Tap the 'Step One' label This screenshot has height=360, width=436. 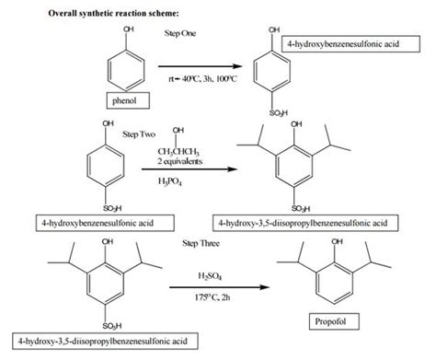click(x=182, y=33)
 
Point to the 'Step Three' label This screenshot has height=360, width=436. click(x=201, y=241)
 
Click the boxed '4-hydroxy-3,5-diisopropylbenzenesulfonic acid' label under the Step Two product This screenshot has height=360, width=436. click(x=326, y=223)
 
